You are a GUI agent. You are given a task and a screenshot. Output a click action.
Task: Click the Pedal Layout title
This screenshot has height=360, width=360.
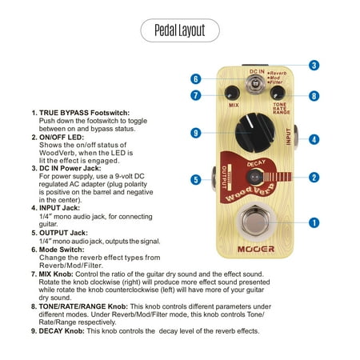180,30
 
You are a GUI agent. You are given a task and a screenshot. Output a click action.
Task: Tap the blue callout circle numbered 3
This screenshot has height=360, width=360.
314,66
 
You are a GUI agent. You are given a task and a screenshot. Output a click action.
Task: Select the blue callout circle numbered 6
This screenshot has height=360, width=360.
196,79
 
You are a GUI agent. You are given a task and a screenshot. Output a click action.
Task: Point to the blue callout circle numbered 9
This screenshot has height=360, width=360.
196,133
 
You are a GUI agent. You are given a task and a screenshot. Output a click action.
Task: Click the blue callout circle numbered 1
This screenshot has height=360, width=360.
314,222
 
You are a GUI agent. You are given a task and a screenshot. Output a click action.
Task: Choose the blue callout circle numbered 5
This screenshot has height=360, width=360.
196,179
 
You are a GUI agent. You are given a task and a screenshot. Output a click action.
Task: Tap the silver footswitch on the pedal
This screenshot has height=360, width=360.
254,222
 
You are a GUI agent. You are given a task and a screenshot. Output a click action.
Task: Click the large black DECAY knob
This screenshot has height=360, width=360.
255,133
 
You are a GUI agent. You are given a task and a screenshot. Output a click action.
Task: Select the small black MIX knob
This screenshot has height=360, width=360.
232,94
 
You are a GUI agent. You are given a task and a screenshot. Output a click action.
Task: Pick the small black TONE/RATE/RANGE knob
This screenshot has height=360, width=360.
278,93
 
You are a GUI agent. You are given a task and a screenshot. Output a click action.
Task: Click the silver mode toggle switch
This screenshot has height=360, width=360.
255,83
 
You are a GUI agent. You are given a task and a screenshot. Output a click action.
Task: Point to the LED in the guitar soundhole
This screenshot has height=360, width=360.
254,177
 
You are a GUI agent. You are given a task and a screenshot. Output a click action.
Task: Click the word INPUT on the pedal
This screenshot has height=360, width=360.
288,137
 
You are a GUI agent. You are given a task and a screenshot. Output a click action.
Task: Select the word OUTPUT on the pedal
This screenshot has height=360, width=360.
225,178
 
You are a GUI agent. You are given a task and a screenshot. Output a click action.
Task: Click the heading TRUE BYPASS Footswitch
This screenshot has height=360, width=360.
84,113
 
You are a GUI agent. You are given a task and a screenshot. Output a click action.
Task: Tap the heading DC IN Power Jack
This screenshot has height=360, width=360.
70,168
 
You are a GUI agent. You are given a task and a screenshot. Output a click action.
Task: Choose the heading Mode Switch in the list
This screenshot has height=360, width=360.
62,250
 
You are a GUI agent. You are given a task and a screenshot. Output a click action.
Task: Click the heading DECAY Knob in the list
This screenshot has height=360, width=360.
62,331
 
